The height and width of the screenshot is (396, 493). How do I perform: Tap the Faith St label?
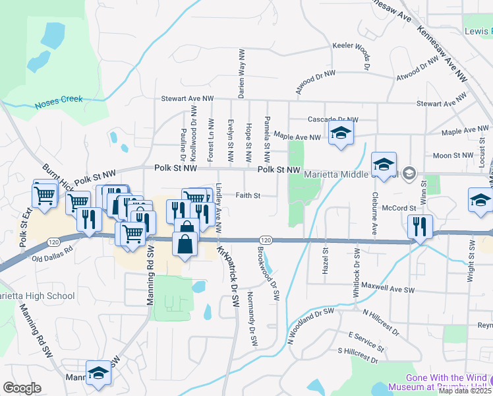coord(249,195)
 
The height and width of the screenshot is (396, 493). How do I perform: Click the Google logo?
coord(22,388)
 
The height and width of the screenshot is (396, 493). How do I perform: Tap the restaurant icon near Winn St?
coord(420,226)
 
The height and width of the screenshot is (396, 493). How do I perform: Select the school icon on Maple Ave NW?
coord(341,133)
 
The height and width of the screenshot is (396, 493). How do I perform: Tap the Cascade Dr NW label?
coord(333,119)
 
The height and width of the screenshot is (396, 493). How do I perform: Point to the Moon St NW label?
coord(454,155)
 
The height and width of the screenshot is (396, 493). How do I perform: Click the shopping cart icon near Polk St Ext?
coord(44,194)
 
